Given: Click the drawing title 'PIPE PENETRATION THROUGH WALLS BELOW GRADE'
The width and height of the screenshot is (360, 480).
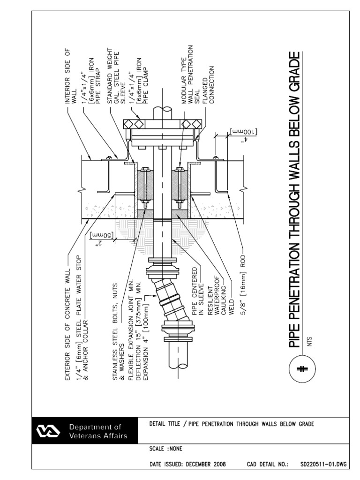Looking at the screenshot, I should (293, 201).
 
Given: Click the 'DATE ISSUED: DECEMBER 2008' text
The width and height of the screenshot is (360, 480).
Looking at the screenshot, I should (187, 465).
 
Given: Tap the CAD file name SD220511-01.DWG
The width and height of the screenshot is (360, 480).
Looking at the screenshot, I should (324, 465).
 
